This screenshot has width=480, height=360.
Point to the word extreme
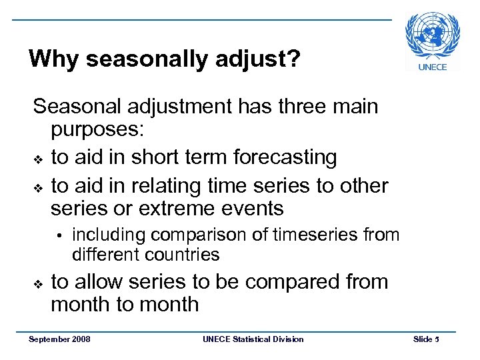point(181,209)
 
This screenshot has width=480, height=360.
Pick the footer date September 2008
point(59,339)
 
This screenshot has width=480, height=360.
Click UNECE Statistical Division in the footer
point(252,339)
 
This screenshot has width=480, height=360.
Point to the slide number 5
point(437,339)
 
